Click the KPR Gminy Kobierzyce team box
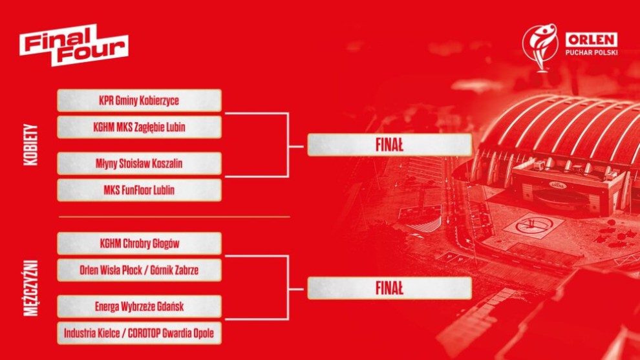point(139,100)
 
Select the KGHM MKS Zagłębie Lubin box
point(139,127)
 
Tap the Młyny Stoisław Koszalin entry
point(139,164)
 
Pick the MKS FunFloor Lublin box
point(139,190)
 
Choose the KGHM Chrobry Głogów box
point(139,243)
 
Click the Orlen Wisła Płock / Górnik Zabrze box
point(139,270)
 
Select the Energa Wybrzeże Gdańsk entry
point(139,306)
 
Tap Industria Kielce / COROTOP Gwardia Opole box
point(139,333)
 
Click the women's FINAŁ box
point(389,145)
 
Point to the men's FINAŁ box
point(389,288)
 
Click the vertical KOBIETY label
point(31,145)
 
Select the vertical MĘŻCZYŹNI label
point(31,288)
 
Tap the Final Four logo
point(74,45)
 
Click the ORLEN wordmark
point(591,40)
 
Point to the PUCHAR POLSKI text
point(592,52)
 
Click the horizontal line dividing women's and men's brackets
point(175,217)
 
